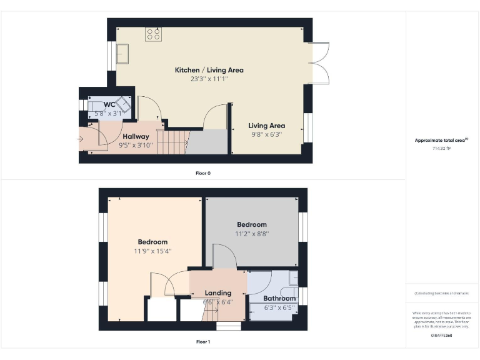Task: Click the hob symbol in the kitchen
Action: [154, 34]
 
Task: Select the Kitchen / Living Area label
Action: [209, 70]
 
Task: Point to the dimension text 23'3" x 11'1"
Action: [209, 79]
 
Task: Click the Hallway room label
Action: [136, 136]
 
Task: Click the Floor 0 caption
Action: [203, 173]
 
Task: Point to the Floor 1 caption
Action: [203, 342]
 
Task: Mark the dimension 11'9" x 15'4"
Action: [153, 251]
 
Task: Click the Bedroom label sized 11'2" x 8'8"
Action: [251, 224]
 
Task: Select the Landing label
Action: [218, 292]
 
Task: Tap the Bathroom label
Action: [279, 299]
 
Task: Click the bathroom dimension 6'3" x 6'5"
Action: [279, 307]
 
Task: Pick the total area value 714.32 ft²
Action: [441, 149]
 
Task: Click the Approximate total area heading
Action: [441, 140]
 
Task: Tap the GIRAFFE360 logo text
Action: [441, 336]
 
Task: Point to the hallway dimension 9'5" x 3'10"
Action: [136, 145]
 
